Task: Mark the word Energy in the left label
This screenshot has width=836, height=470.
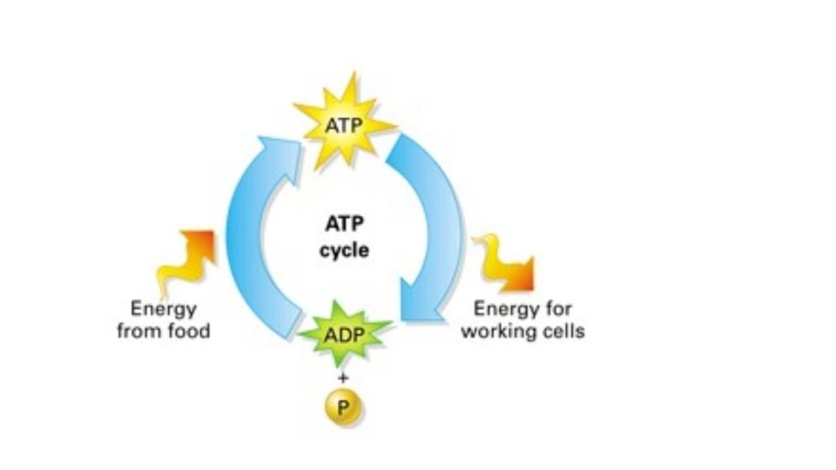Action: pyautogui.click(x=163, y=309)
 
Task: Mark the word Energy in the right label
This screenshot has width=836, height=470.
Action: pyautogui.click(x=505, y=309)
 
